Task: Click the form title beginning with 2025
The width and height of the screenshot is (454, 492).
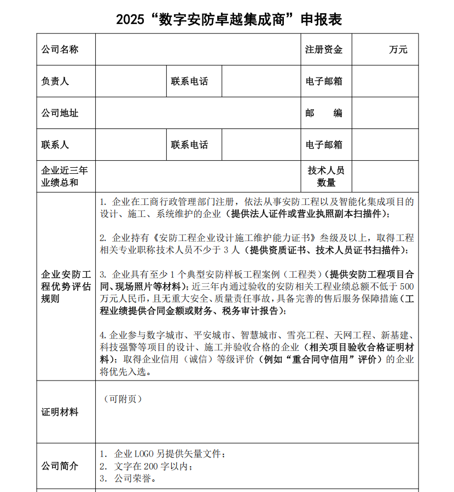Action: click(x=229, y=20)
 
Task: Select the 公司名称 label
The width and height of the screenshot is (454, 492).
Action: click(x=60, y=50)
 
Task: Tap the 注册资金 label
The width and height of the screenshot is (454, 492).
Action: click(x=324, y=50)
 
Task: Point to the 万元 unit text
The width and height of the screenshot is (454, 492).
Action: click(x=398, y=50)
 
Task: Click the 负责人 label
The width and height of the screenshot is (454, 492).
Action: click(x=55, y=81)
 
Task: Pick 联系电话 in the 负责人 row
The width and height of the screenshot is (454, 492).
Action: click(x=189, y=81)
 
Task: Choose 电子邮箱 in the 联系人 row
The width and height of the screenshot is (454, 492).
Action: click(x=324, y=145)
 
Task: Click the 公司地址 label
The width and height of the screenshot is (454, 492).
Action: click(x=60, y=113)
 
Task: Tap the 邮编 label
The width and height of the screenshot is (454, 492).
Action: click(x=324, y=113)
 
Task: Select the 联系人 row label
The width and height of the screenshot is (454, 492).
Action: click(x=55, y=145)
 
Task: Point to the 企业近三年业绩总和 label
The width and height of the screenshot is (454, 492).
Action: click(x=65, y=176)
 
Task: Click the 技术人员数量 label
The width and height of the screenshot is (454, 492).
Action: click(x=326, y=176)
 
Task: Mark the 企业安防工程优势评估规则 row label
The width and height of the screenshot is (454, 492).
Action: click(x=66, y=286)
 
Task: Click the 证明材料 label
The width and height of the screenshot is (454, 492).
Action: click(x=60, y=412)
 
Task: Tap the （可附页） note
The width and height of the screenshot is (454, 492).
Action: click(x=123, y=399)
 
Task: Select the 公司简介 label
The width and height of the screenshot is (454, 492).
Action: click(x=60, y=466)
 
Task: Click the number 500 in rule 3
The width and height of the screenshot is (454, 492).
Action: click(x=407, y=286)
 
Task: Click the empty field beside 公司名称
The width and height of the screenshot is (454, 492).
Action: click(x=197, y=50)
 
